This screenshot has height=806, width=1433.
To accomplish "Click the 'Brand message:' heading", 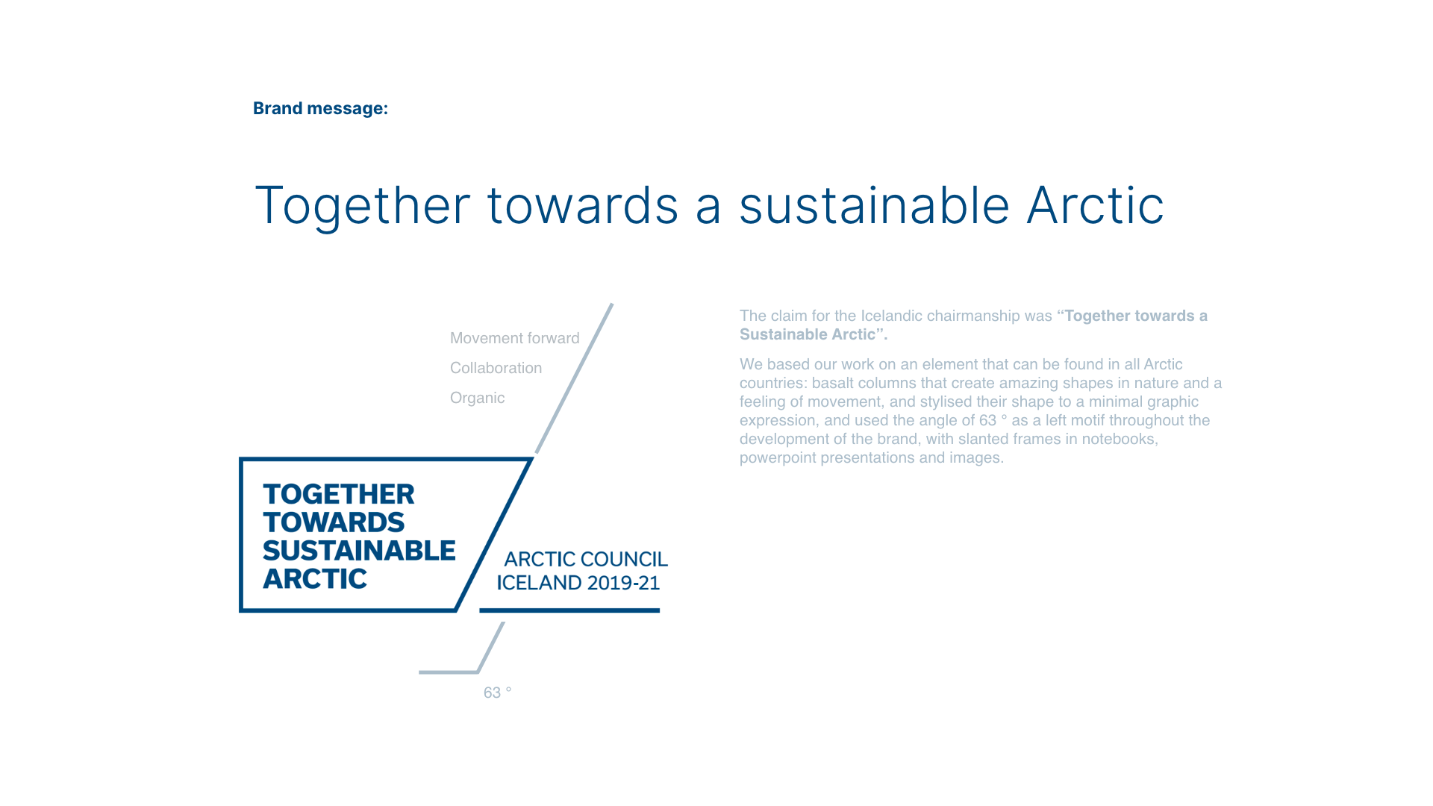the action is click(320, 108).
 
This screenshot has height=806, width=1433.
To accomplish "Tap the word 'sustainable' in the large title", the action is click(874, 205).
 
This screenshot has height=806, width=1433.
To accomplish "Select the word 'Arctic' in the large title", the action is click(1095, 205).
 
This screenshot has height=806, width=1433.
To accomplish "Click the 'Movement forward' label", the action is click(514, 338).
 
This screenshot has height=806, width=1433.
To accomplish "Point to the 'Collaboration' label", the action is click(496, 368).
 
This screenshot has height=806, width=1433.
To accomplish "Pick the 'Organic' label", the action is click(477, 399).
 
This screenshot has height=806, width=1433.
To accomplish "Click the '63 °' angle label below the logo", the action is click(497, 693).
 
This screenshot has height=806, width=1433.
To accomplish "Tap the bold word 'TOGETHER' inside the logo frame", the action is click(338, 494).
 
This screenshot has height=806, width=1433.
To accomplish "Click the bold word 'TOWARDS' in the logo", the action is click(333, 522).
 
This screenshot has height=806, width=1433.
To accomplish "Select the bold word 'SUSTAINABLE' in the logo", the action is click(359, 551).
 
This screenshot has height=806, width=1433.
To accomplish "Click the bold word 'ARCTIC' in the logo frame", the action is click(314, 579).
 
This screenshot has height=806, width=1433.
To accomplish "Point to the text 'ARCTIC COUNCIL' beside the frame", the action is click(586, 559).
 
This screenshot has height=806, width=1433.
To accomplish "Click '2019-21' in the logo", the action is click(623, 583).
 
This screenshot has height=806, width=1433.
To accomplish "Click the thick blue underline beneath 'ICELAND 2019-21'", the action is click(569, 610).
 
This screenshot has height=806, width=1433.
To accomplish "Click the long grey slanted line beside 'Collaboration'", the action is click(574, 378).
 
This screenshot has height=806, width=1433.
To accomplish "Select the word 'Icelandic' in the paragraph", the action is click(891, 316).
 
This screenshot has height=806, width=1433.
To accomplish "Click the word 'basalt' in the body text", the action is click(831, 383).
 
